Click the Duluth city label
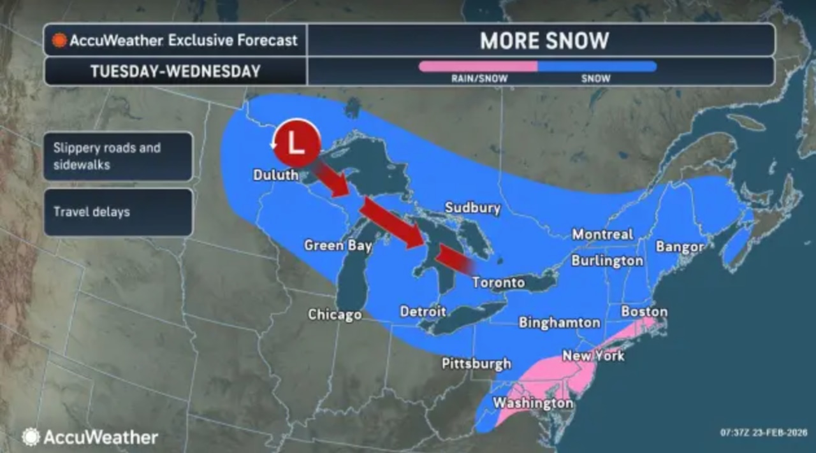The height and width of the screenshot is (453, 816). (275, 175)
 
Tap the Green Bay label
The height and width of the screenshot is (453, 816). (338, 245)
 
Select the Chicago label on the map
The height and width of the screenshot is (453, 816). (335, 314)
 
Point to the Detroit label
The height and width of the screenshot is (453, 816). (423, 312)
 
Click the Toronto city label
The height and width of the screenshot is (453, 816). (499, 282)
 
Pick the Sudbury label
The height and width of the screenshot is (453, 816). (472, 208)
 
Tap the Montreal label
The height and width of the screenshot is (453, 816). (602, 234)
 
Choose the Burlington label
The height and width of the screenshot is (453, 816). (607, 261)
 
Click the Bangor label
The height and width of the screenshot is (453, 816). (680, 247)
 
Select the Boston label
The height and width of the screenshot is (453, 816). (644, 312)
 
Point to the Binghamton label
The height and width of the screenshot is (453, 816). (559, 322)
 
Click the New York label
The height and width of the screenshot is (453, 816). (593, 356)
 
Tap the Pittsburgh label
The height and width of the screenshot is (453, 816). (476, 364)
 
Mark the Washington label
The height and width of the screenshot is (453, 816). (532, 403)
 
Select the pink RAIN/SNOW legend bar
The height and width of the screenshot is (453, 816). (477, 66)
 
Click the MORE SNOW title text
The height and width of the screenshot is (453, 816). (544, 41)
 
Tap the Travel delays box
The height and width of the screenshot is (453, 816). (118, 212)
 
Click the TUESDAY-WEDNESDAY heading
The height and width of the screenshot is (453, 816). (175, 71)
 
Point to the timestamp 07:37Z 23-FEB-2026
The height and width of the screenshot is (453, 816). (762, 432)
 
